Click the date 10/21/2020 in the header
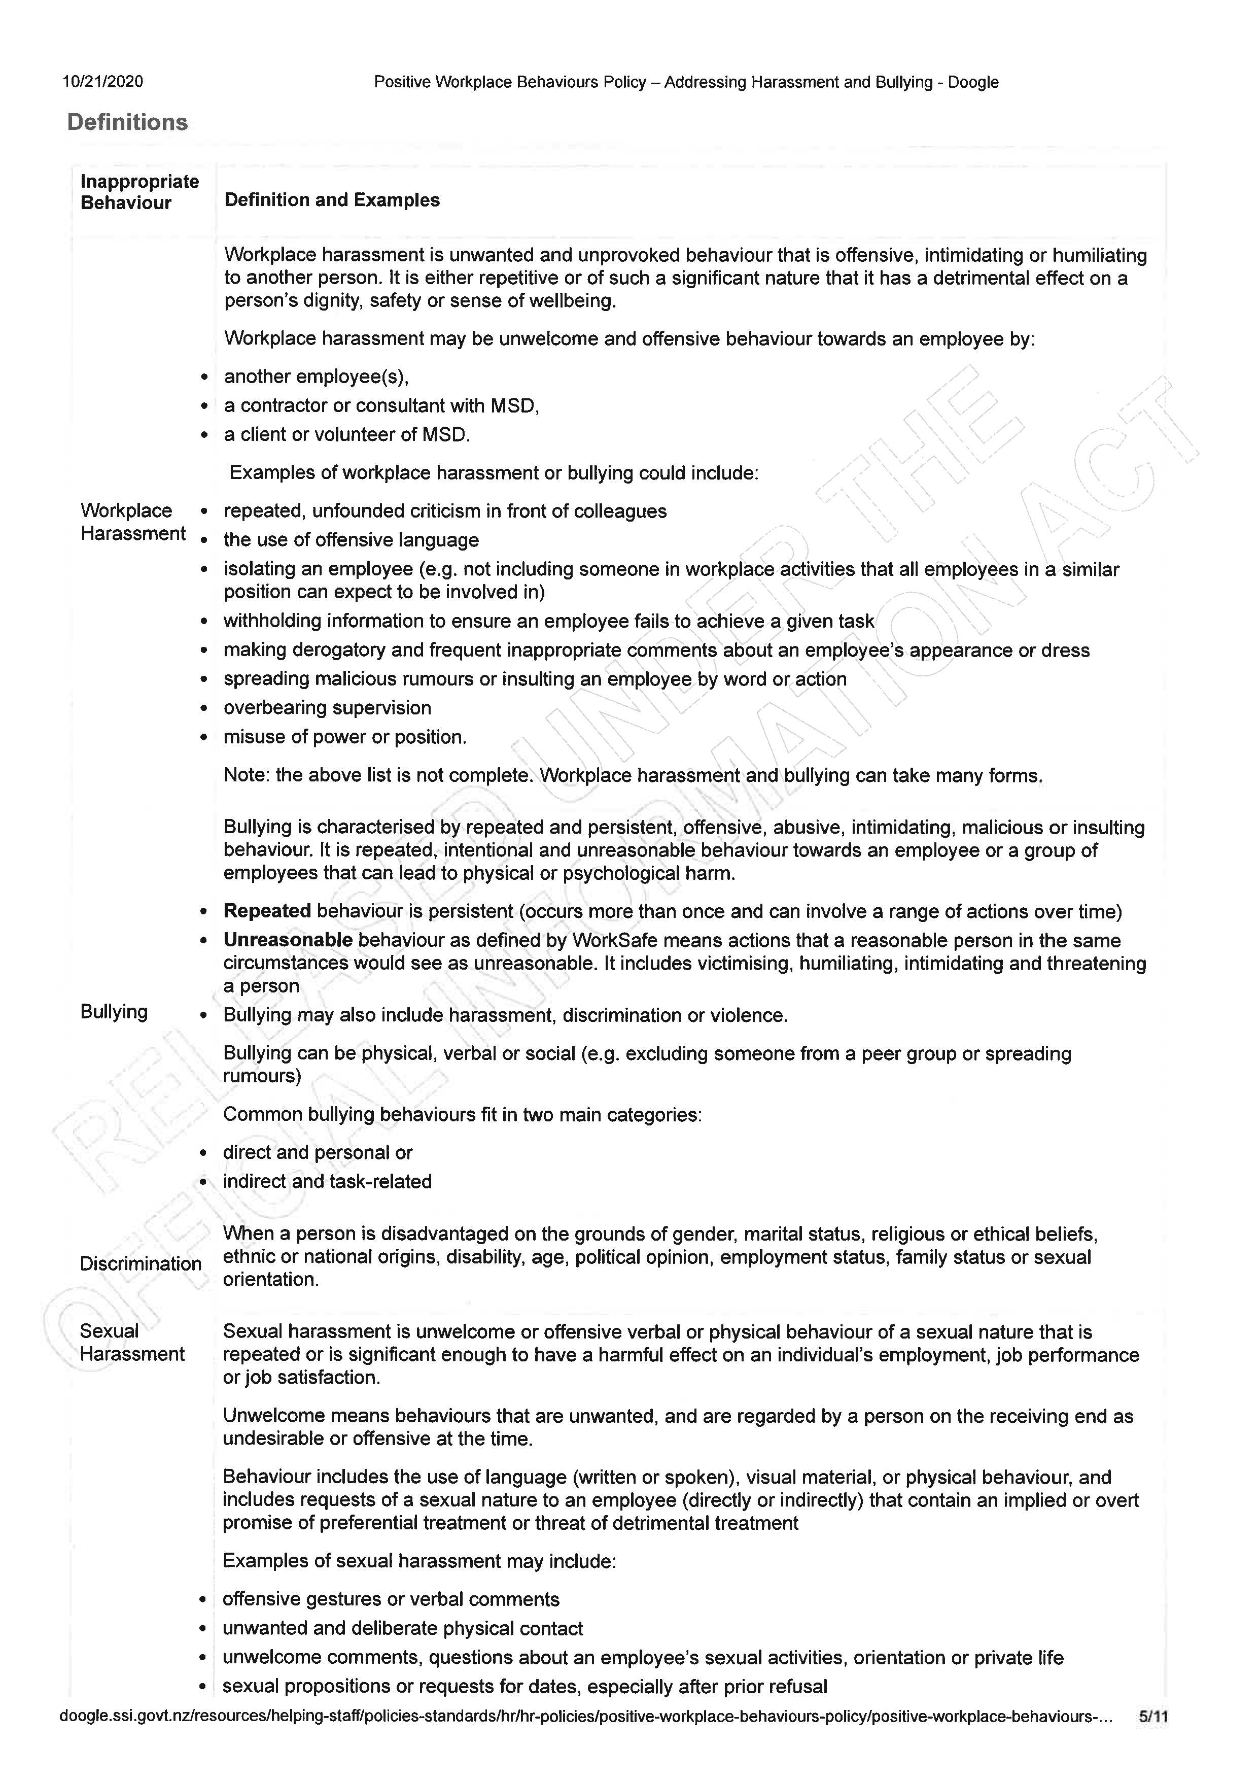(103, 82)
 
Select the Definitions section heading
(128, 123)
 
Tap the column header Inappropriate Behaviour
(139, 192)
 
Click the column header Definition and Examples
(332, 200)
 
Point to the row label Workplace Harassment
(132, 522)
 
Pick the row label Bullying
(114, 1011)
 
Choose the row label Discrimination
(141, 1263)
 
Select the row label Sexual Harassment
(132, 1343)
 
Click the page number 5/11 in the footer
(1153, 1718)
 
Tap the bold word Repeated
(267, 911)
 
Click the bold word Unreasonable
(288, 941)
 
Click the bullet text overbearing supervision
(327, 708)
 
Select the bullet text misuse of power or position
(345, 737)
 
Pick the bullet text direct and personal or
(318, 1153)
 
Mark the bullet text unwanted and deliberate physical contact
(402, 1628)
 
